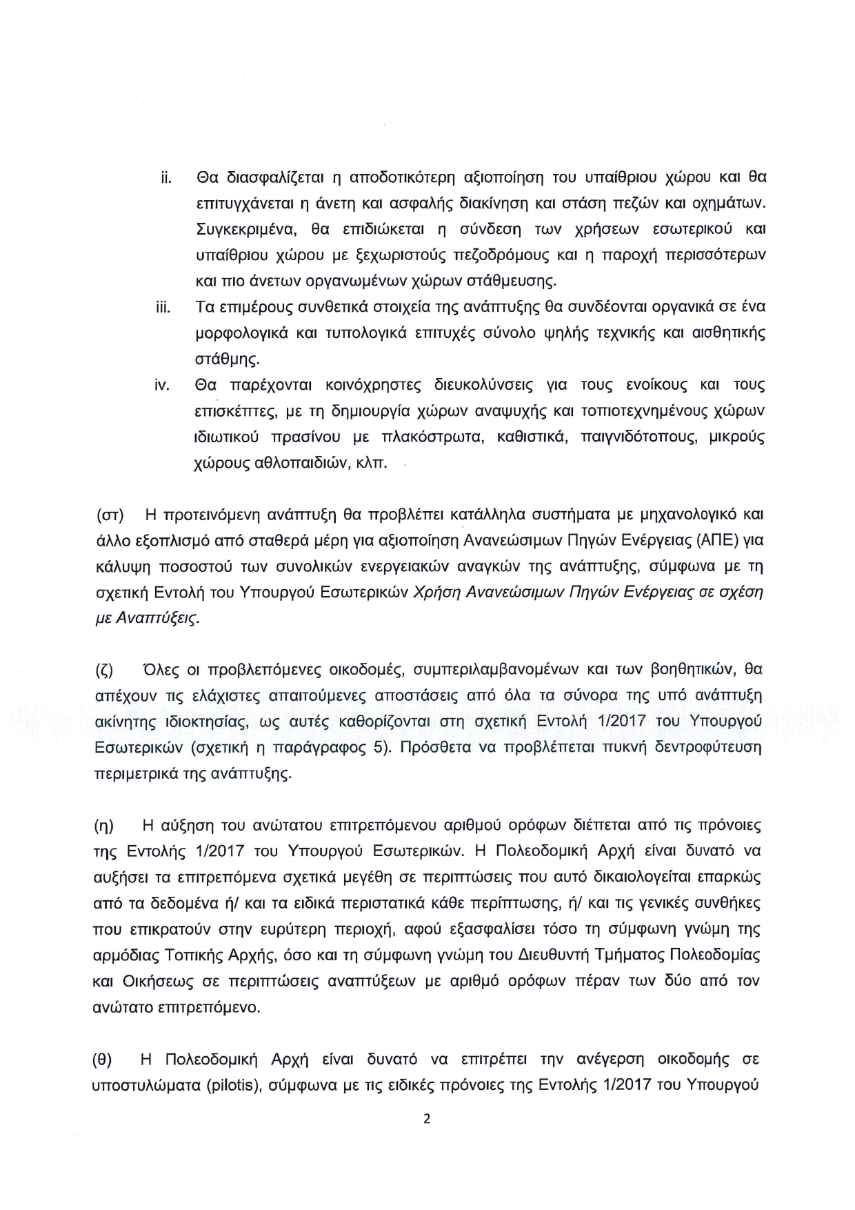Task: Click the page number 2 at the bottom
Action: [426, 1119]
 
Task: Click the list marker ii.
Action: [165, 178]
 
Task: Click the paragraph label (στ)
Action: [108, 515]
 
